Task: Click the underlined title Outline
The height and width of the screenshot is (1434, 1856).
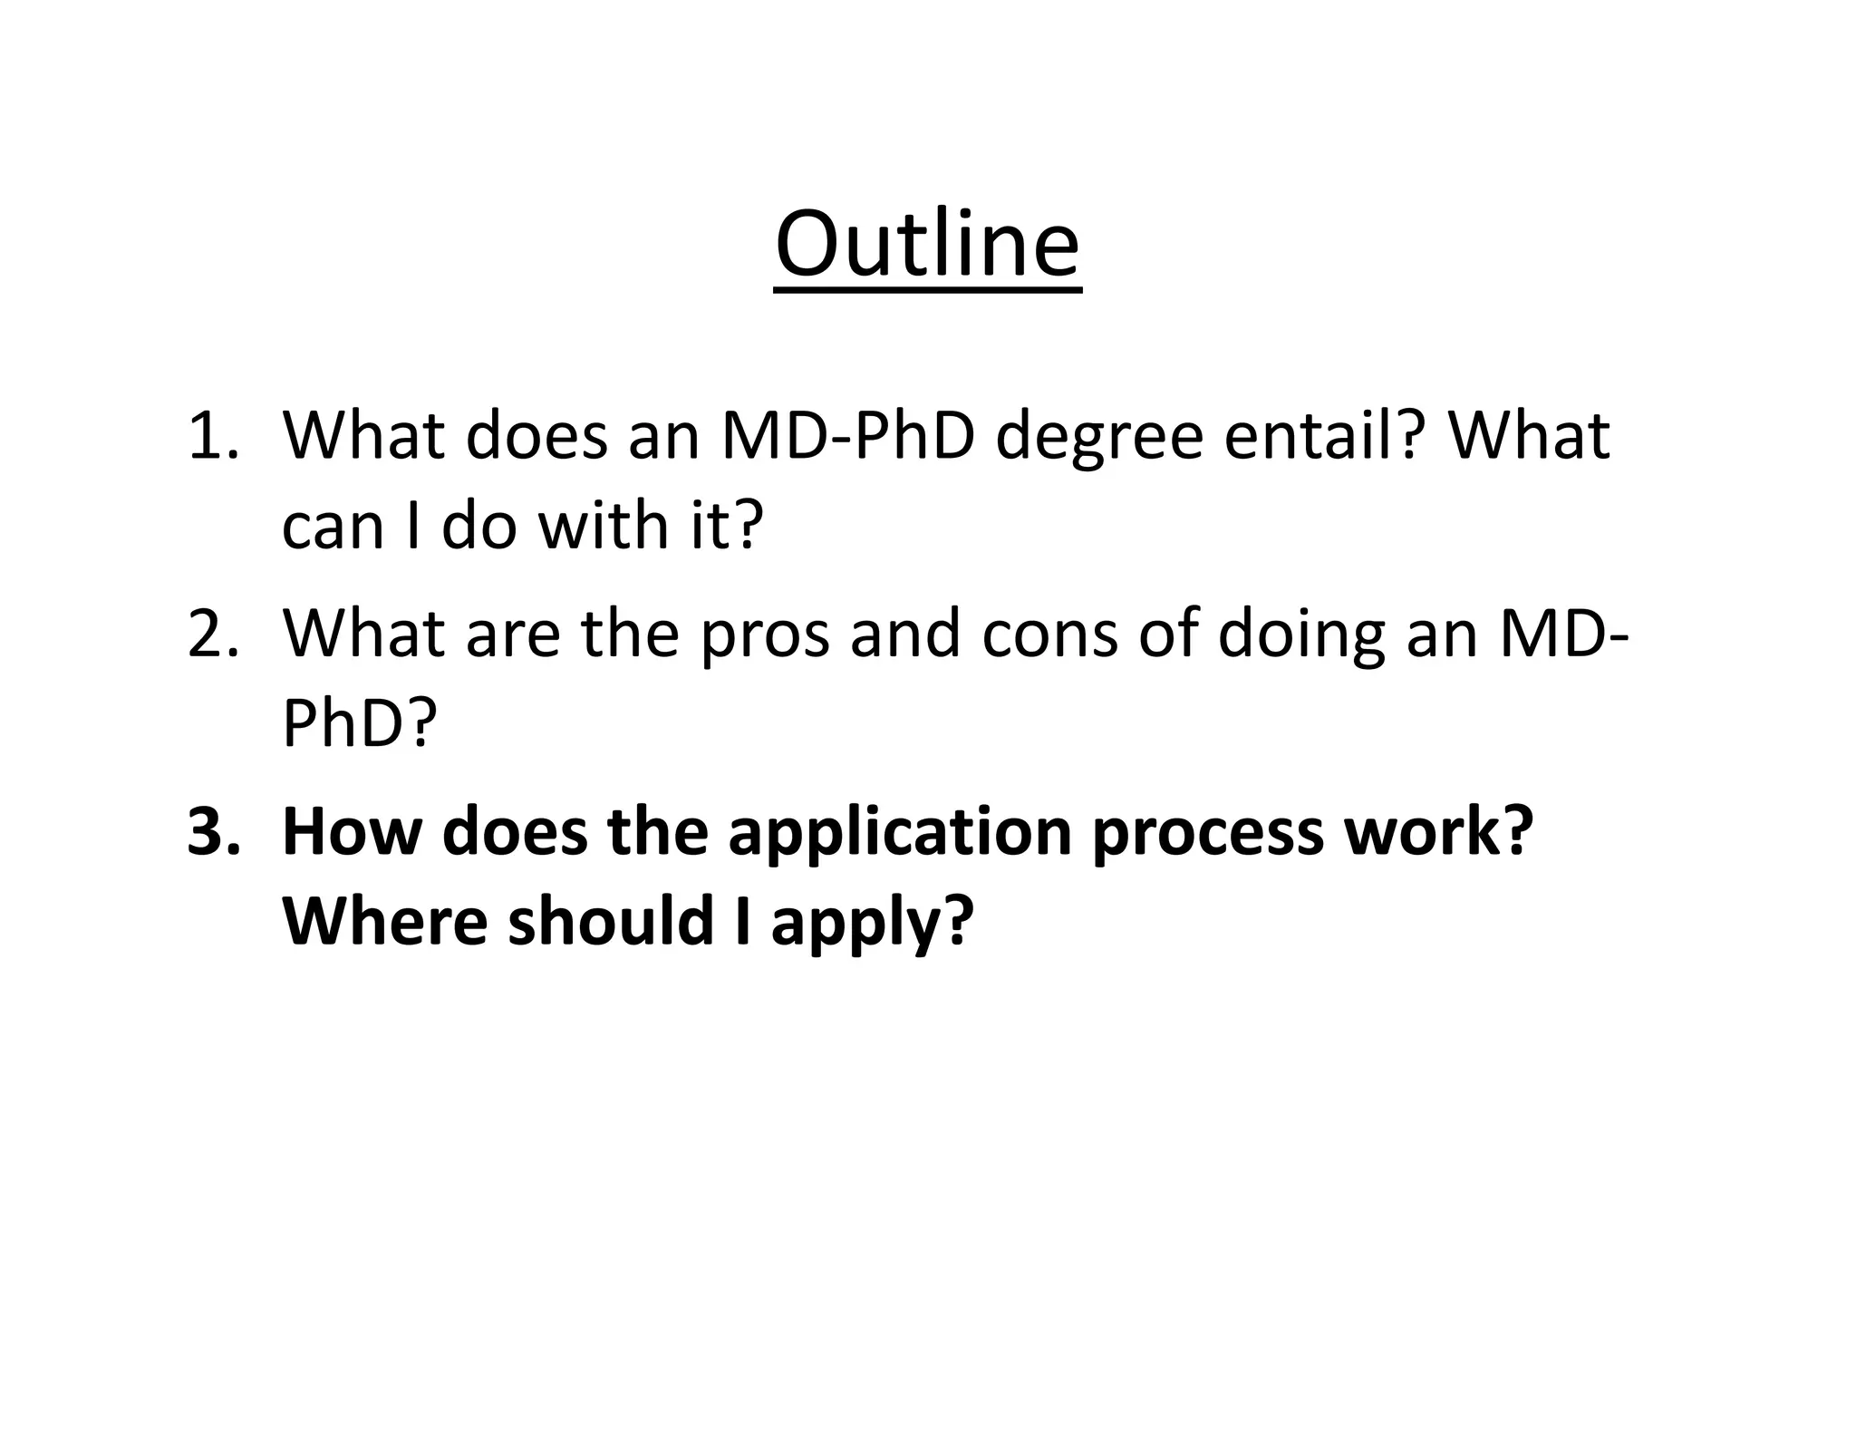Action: pyautogui.click(x=927, y=245)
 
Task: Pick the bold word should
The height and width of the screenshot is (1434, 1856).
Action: pyautogui.click(x=610, y=920)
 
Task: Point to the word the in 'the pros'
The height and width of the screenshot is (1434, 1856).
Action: pyautogui.click(x=629, y=634)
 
